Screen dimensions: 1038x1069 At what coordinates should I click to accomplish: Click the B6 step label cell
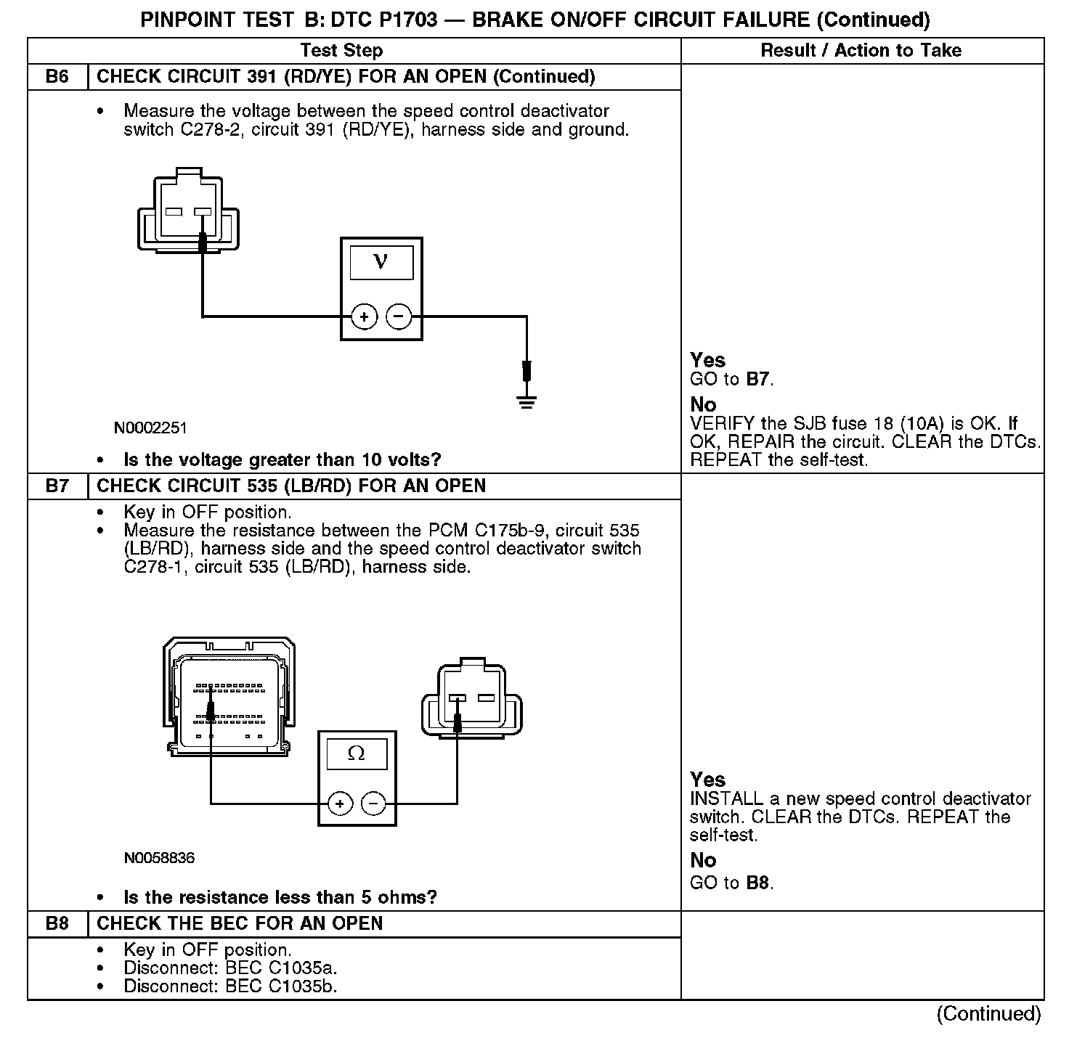[x=57, y=77]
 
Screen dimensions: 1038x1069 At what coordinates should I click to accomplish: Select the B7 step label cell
[x=57, y=486]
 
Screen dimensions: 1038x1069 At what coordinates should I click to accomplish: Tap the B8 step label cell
[x=57, y=924]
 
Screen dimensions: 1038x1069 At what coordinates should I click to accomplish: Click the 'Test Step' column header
[x=341, y=50]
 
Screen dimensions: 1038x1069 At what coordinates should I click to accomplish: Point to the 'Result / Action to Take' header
[x=861, y=50]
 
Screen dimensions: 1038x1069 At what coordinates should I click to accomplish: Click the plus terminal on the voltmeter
[x=364, y=316]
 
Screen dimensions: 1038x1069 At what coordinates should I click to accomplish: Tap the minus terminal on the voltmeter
[x=399, y=316]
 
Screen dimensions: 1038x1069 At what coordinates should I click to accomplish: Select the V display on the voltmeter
[x=381, y=262]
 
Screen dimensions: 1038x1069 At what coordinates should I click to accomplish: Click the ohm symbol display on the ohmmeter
[x=357, y=754]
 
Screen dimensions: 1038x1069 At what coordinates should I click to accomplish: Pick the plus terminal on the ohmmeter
[x=340, y=804]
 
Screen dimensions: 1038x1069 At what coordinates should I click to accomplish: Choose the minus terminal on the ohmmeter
[x=373, y=804]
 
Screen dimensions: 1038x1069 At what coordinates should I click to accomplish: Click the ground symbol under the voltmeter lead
[x=527, y=401]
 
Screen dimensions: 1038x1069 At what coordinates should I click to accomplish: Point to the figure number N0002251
[x=150, y=428]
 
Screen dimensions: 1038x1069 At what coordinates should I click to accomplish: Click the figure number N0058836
[x=159, y=858]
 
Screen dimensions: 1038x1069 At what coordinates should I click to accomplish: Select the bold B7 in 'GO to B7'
[x=757, y=379]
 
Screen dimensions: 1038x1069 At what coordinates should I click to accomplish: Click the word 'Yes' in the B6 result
[x=707, y=360]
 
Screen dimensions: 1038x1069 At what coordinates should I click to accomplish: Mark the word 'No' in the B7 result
[x=703, y=861]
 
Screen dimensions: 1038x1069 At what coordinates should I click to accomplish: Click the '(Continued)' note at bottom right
[x=988, y=1013]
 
